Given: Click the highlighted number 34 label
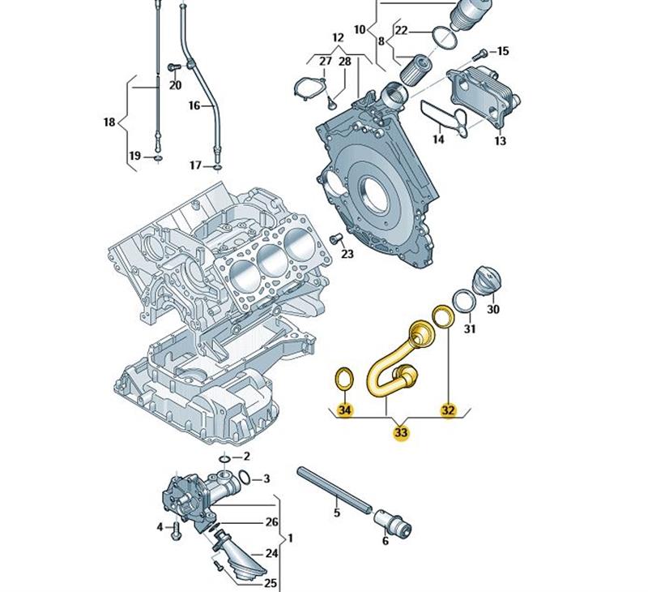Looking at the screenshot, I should point(345,410).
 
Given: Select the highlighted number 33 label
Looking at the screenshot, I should point(401,432).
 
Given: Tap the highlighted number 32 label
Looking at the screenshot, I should point(448,410).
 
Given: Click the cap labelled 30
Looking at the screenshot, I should point(488,282).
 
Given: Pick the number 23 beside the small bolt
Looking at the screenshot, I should point(347,254).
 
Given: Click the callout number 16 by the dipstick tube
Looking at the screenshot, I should point(194,105).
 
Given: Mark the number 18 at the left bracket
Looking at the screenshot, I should point(109,122).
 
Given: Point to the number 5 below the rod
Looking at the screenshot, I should point(337,513).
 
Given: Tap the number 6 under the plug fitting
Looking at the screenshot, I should point(385,541).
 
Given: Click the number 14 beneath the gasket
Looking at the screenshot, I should point(438,139).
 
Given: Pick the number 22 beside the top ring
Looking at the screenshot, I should point(402,32).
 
